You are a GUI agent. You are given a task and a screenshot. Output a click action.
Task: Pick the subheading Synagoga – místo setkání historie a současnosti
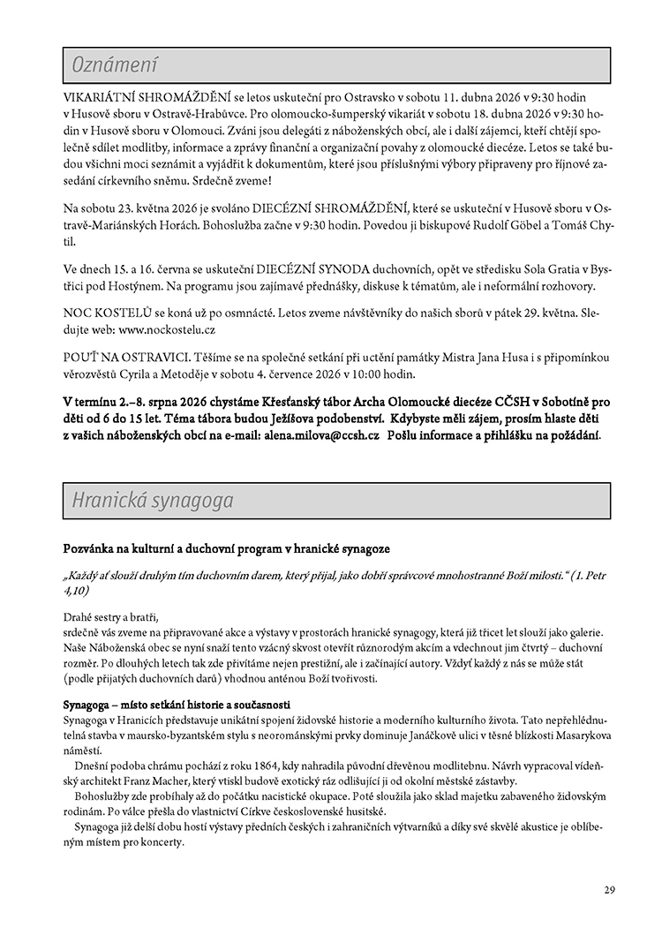tap(177, 706)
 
